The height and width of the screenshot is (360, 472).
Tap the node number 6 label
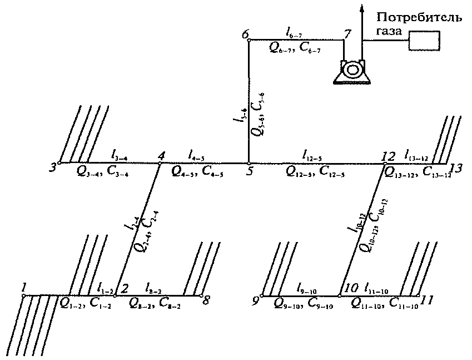245,35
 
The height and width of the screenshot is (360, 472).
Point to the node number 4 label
161,155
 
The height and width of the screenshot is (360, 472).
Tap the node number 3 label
53,167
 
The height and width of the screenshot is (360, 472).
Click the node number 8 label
206,300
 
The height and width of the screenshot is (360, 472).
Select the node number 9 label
256,301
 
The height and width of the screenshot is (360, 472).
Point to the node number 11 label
428,301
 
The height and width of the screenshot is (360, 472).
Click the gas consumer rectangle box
424,41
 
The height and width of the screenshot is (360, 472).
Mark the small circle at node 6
249,40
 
